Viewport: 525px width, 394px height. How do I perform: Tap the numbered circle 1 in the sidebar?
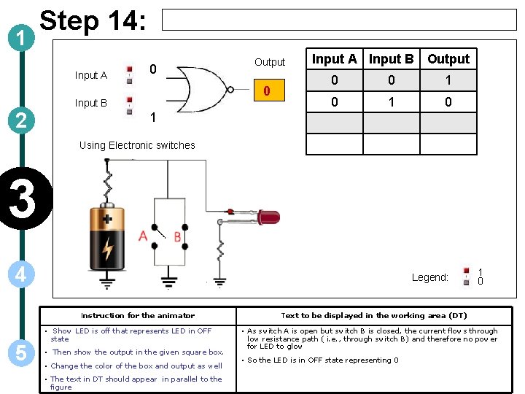coord(21,36)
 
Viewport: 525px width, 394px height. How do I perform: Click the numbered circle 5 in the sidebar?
coord(21,352)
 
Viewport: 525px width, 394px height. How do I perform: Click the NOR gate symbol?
coord(205,89)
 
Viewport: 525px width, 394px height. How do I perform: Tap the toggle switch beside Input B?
coord(129,104)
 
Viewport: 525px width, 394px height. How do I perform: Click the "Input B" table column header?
coord(391,59)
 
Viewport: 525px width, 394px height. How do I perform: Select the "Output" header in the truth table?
coord(448,59)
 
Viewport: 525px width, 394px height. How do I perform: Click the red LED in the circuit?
coord(265,217)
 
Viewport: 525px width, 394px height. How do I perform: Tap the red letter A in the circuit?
coord(143,235)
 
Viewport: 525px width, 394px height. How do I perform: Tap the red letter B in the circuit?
coord(176,236)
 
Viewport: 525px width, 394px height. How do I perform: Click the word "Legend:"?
coord(429,277)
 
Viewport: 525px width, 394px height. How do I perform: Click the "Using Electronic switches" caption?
coord(137,145)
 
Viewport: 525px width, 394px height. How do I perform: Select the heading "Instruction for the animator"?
coord(138,315)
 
